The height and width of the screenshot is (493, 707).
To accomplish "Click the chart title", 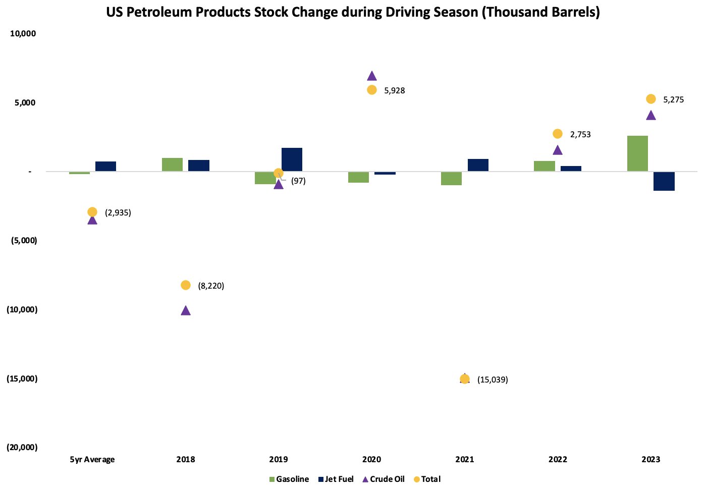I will (353, 12).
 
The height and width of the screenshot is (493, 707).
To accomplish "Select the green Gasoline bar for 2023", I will (637, 153).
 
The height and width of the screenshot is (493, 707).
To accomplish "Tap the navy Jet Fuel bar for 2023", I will (664, 181).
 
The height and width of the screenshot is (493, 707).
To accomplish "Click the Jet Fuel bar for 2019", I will (292, 159).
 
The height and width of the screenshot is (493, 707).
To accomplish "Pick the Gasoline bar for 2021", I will (451, 178).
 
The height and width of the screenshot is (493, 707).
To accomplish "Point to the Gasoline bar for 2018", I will (172, 165).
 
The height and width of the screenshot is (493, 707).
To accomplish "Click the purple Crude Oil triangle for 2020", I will (372, 76).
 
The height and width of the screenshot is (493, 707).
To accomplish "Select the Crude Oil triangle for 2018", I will (186, 310).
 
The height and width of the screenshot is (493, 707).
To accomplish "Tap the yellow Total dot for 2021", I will (465, 379).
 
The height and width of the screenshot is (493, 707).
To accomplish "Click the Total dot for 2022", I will (558, 134).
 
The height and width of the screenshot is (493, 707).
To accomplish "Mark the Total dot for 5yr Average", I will (92, 212).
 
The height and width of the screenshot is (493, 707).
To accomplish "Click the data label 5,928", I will (394, 91).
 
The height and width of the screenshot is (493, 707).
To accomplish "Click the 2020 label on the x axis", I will (372, 459).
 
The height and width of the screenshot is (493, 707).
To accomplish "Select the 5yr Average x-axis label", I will (92, 459).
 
